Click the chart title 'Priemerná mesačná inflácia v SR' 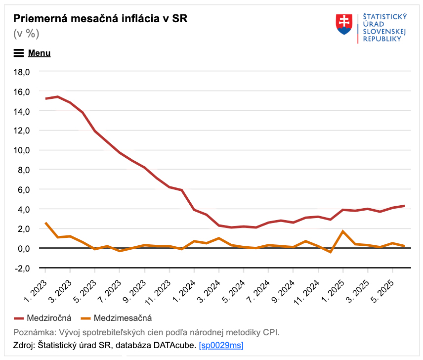pos(100,19)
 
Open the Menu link pos(39,53)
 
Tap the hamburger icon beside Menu pos(19,53)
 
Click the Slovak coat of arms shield pos(344,24)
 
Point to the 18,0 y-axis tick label pos(21,72)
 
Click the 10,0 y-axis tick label pos(21,150)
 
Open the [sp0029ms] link pos(221,345)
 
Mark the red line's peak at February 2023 pos(58,96)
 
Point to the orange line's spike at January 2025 pos(343,231)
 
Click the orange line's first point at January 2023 pos(45,223)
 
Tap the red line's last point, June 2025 pos(405,206)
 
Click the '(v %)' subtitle pos(26,34)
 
